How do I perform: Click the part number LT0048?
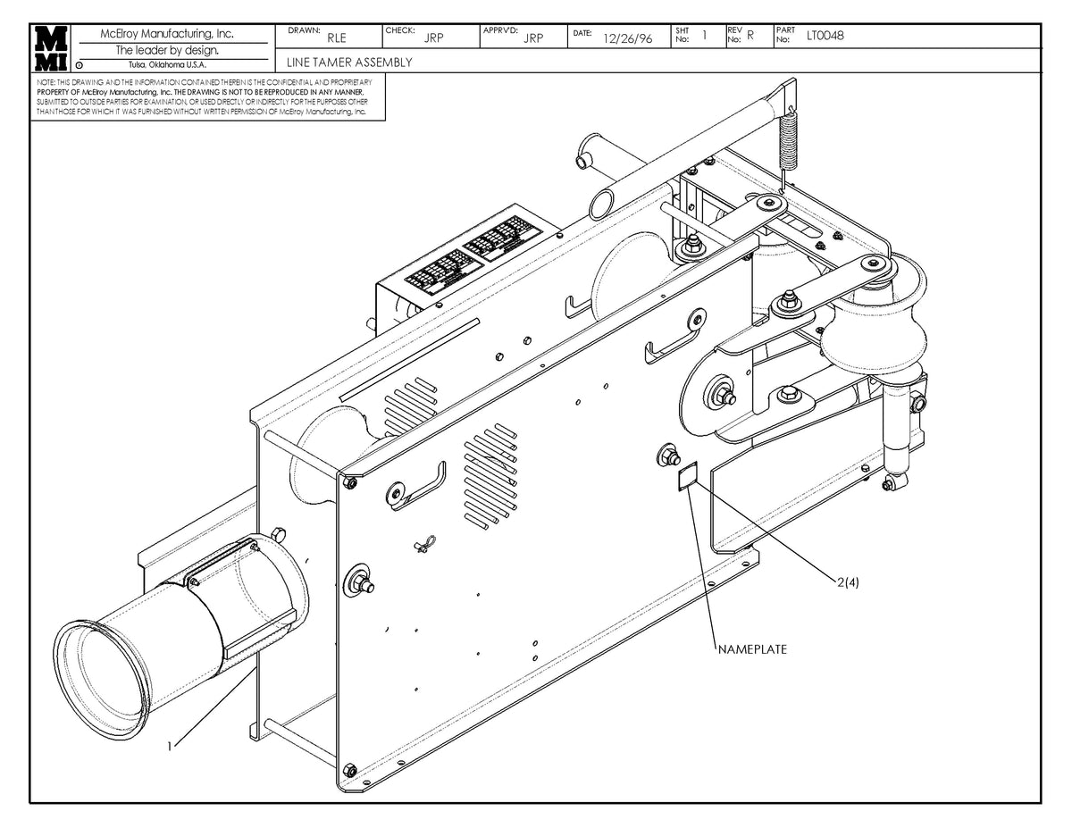point(825,36)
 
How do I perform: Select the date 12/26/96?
point(627,38)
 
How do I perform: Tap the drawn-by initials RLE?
point(337,38)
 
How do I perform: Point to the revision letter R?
point(750,36)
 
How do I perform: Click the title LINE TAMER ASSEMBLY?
point(349,63)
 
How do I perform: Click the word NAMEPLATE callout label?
point(752,649)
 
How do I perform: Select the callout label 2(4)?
point(848,581)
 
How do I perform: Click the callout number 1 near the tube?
point(170,745)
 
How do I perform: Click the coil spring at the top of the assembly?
point(787,138)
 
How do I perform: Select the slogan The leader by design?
point(167,50)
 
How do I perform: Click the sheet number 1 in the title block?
point(704,36)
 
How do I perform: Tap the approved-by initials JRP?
point(533,38)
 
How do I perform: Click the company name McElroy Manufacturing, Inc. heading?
point(168,34)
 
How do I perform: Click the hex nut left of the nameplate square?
point(666,456)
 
